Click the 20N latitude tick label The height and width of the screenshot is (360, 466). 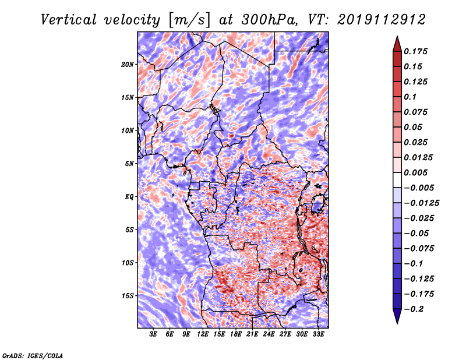[128, 64]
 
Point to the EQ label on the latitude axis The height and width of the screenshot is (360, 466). [129, 196]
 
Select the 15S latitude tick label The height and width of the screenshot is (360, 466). [128, 295]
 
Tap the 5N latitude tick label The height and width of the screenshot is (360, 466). [129, 163]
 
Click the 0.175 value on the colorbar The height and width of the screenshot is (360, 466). [418, 51]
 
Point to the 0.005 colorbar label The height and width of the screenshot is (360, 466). [418, 172]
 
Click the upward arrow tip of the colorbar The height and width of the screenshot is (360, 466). [397, 37]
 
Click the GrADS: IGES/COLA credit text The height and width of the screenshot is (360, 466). [33, 355]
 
